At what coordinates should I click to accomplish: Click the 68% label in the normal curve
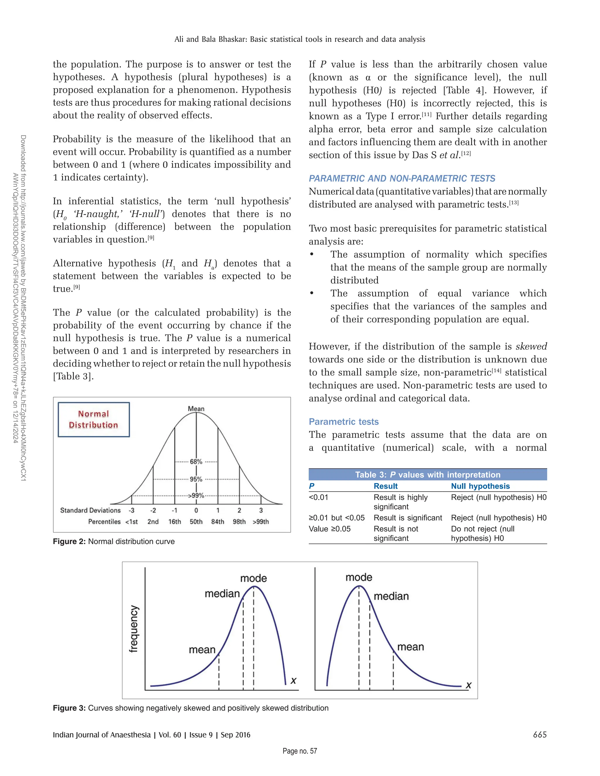[x=196, y=462]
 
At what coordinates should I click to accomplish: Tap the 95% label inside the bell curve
[x=196, y=479]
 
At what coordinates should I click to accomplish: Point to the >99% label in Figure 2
[x=196, y=495]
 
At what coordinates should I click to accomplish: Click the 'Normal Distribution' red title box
[x=93, y=419]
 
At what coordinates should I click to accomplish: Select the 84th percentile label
[x=218, y=522]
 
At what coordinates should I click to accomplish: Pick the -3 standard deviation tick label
[x=132, y=510]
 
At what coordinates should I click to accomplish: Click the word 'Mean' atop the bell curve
[x=196, y=408]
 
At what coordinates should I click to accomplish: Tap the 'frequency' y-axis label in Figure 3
[x=133, y=629]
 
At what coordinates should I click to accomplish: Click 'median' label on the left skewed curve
[x=222, y=594]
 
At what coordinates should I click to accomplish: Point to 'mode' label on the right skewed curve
[x=359, y=577]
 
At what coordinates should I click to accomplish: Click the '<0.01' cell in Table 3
[x=318, y=497]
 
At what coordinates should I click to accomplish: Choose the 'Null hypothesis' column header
[x=480, y=486]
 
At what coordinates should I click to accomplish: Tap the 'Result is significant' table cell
[x=408, y=518]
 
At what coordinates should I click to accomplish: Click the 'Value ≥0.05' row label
[x=330, y=529]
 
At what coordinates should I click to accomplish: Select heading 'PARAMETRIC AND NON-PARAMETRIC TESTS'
[x=402, y=178]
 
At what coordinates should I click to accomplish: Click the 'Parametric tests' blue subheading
[x=344, y=422]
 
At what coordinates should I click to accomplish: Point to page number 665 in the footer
[x=540, y=734]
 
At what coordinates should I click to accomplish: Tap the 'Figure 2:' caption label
[x=69, y=541]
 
